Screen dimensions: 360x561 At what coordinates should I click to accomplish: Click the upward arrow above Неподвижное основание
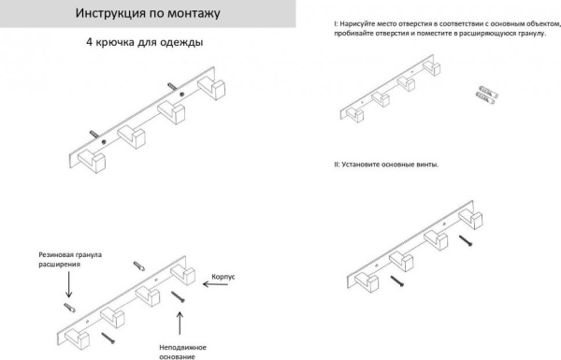click(178, 323)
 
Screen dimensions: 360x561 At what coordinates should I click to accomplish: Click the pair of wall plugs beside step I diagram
click(483, 93)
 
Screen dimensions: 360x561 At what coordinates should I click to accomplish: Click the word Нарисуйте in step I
click(361, 22)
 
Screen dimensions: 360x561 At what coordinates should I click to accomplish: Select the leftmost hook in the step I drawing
click(354, 115)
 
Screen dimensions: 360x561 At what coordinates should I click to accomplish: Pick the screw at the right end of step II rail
click(465, 241)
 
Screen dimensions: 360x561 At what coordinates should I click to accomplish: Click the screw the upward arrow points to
click(177, 297)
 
